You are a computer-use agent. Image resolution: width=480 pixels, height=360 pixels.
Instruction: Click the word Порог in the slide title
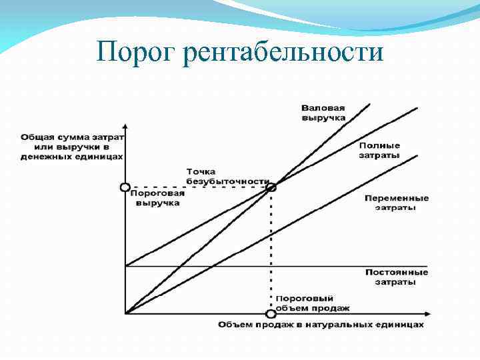[136, 51]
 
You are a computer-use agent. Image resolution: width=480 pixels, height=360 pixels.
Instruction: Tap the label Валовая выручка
[323, 112]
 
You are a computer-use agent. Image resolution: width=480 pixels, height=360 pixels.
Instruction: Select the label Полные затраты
[379, 150]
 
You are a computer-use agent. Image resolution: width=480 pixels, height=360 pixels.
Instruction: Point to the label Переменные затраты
[397, 203]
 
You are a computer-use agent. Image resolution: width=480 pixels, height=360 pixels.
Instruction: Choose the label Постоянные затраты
[397, 277]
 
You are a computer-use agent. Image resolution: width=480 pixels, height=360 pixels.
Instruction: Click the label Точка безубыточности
[227, 176]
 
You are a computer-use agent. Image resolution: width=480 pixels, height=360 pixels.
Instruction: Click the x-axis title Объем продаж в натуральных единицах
[320, 325]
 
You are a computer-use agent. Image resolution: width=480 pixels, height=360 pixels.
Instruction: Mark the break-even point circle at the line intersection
[271, 187]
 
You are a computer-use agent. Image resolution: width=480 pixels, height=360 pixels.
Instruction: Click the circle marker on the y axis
[125, 187]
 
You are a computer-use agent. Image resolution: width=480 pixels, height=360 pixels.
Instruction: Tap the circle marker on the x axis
[271, 313]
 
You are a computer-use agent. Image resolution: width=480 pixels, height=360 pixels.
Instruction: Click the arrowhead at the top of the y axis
[125, 127]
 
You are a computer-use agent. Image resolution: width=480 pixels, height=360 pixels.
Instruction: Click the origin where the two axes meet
[125, 313]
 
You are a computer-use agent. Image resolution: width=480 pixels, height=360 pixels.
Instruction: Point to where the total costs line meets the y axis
[125, 266]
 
